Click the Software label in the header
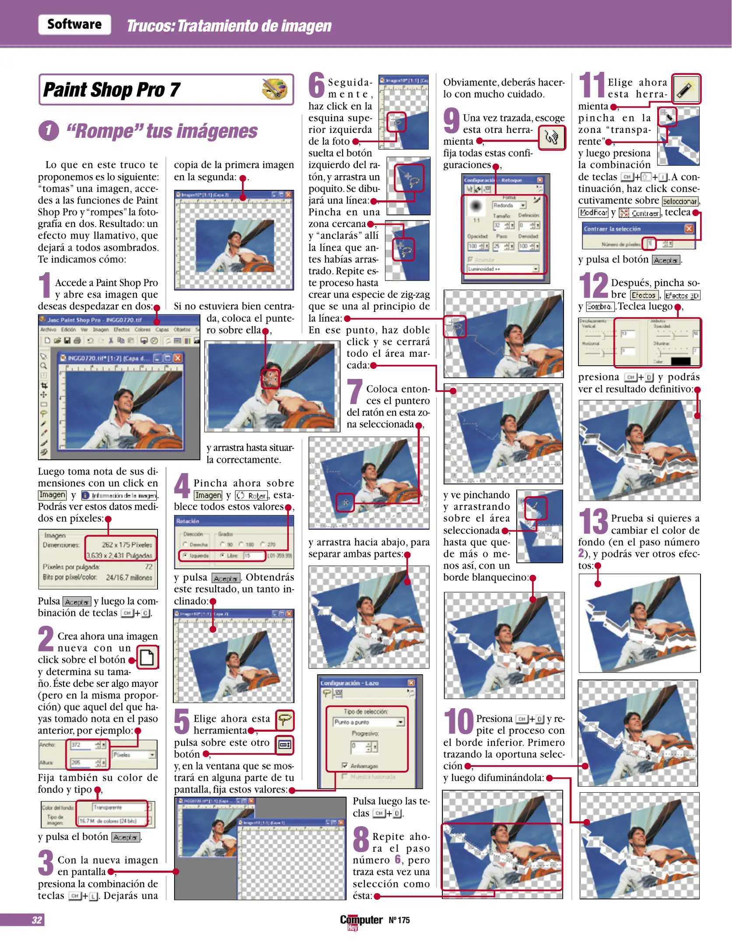coord(74,24)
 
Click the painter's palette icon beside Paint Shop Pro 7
coord(274,89)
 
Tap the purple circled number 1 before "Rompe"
coord(49,131)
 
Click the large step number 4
coord(182,486)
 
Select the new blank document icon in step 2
coord(147,658)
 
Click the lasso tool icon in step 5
coord(285,720)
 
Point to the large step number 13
coord(593,521)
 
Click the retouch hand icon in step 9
coord(552,138)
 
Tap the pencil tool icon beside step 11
coord(686,89)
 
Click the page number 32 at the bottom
coord(37,920)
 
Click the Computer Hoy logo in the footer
coord(361,921)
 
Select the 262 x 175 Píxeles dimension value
coord(127,545)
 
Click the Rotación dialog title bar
coord(234,521)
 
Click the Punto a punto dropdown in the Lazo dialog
coord(368,722)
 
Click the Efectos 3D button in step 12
coord(682,296)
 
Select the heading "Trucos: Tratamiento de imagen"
coord(229,26)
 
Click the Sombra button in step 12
coord(600,307)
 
